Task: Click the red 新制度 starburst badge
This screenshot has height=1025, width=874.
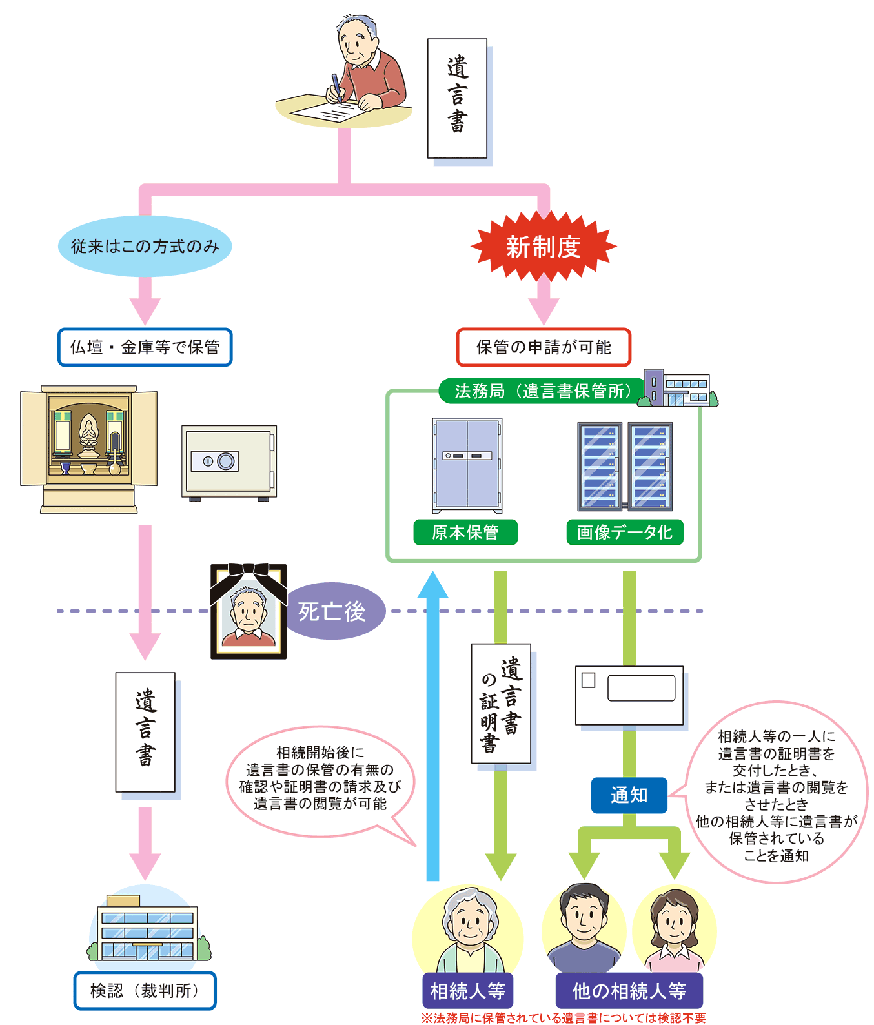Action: (544, 247)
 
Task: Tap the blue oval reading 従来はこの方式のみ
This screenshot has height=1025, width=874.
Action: (145, 247)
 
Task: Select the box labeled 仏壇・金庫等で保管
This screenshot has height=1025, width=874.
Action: (145, 347)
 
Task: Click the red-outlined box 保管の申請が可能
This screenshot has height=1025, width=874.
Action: (544, 347)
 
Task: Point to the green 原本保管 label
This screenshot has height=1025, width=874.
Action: (465, 533)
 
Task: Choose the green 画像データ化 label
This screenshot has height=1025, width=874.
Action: (624, 533)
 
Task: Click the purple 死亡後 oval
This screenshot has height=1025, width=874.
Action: (333, 611)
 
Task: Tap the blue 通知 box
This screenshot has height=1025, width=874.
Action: (629, 795)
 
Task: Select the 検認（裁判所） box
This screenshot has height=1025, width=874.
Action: (145, 991)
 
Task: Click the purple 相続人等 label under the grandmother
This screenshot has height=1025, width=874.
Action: (467, 991)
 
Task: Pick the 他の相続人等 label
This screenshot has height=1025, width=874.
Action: (629, 991)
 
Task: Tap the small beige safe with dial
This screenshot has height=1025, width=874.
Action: (229, 462)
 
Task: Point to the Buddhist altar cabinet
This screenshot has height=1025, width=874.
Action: (89, 449)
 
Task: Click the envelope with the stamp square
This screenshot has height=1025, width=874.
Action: (629, 695)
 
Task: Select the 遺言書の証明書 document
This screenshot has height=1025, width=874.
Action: (501, 704)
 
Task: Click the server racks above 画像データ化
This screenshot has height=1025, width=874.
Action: (624, 466)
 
